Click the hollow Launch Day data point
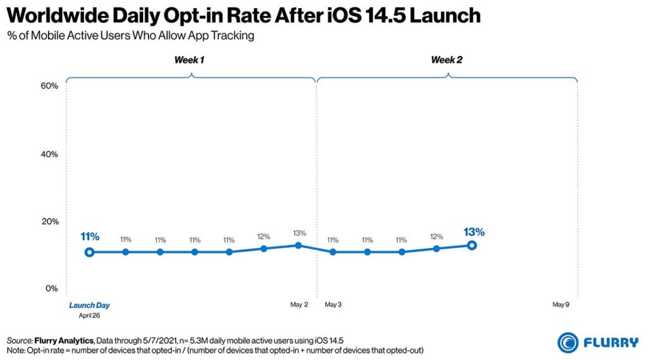click(90, 252)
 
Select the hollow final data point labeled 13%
click(471, 245)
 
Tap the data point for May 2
click(299, 245)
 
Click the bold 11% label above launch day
click(90, 237)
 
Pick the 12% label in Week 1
click(264, 237)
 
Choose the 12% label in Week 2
click(437, 237)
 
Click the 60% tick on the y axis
click(49, 86)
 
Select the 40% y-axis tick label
click(49, 154)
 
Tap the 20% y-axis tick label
click(49, 221)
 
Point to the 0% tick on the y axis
click(51, 289)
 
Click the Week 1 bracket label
click(189, 60)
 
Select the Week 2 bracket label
click(446, 60)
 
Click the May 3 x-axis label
click(333, 305)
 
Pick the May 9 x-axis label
click(561, 305)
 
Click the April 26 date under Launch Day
click(89, 314)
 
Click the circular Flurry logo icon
click(568, 342)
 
